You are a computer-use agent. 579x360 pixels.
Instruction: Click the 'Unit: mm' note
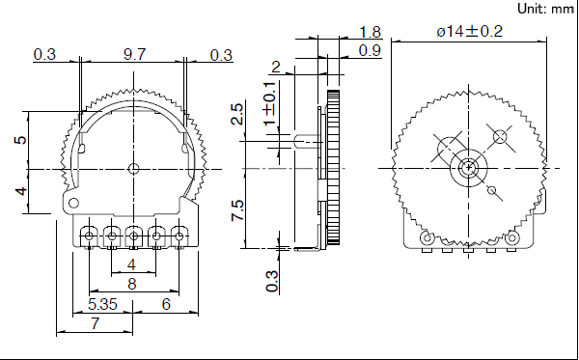tap(546, 9)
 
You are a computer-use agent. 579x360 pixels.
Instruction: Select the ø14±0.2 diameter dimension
tap(470, 31)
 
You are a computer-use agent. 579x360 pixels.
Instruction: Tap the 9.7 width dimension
tap(134, 54)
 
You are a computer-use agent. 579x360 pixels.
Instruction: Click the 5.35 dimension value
tap(102, 304)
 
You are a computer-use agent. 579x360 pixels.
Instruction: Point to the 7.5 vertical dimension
tap(237, 210)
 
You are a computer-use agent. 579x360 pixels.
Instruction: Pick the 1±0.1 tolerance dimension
tap(270, 103)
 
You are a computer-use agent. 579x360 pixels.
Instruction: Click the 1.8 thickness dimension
tap(371, 32)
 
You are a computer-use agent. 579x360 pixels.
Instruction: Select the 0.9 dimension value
tap(370, 50)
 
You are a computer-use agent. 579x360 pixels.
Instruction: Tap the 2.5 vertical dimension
tap(237, 114)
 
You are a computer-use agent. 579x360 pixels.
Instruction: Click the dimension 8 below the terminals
tap(132, 284)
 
